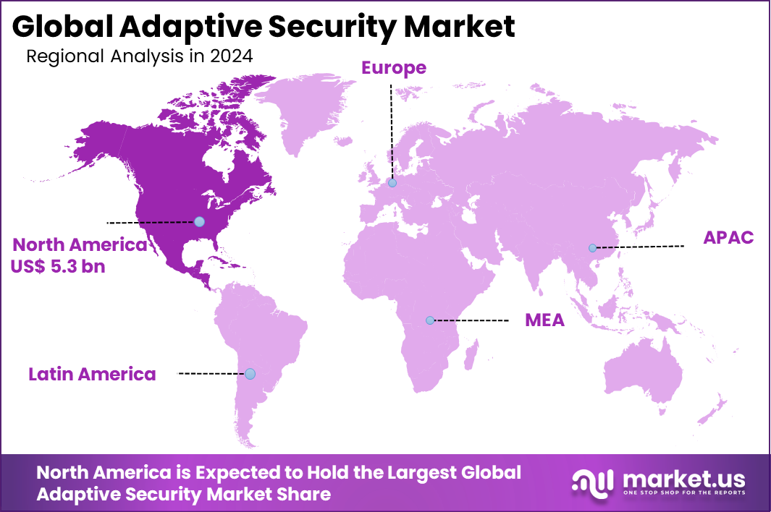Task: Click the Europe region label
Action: point(394,68)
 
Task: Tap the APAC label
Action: point(728,238)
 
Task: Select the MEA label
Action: point(544,320)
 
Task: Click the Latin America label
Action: point(92,374)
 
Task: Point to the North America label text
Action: point(80,244)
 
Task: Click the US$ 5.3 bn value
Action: point(58,266)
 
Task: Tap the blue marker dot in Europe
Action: point(392,183)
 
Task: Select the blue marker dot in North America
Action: point(199,221)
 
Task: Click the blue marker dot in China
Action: point(592,248)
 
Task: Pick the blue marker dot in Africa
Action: point(429,320)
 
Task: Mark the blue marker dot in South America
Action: point(250,374)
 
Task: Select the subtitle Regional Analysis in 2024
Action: point(140,56)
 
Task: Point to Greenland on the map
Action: point(311,108)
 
